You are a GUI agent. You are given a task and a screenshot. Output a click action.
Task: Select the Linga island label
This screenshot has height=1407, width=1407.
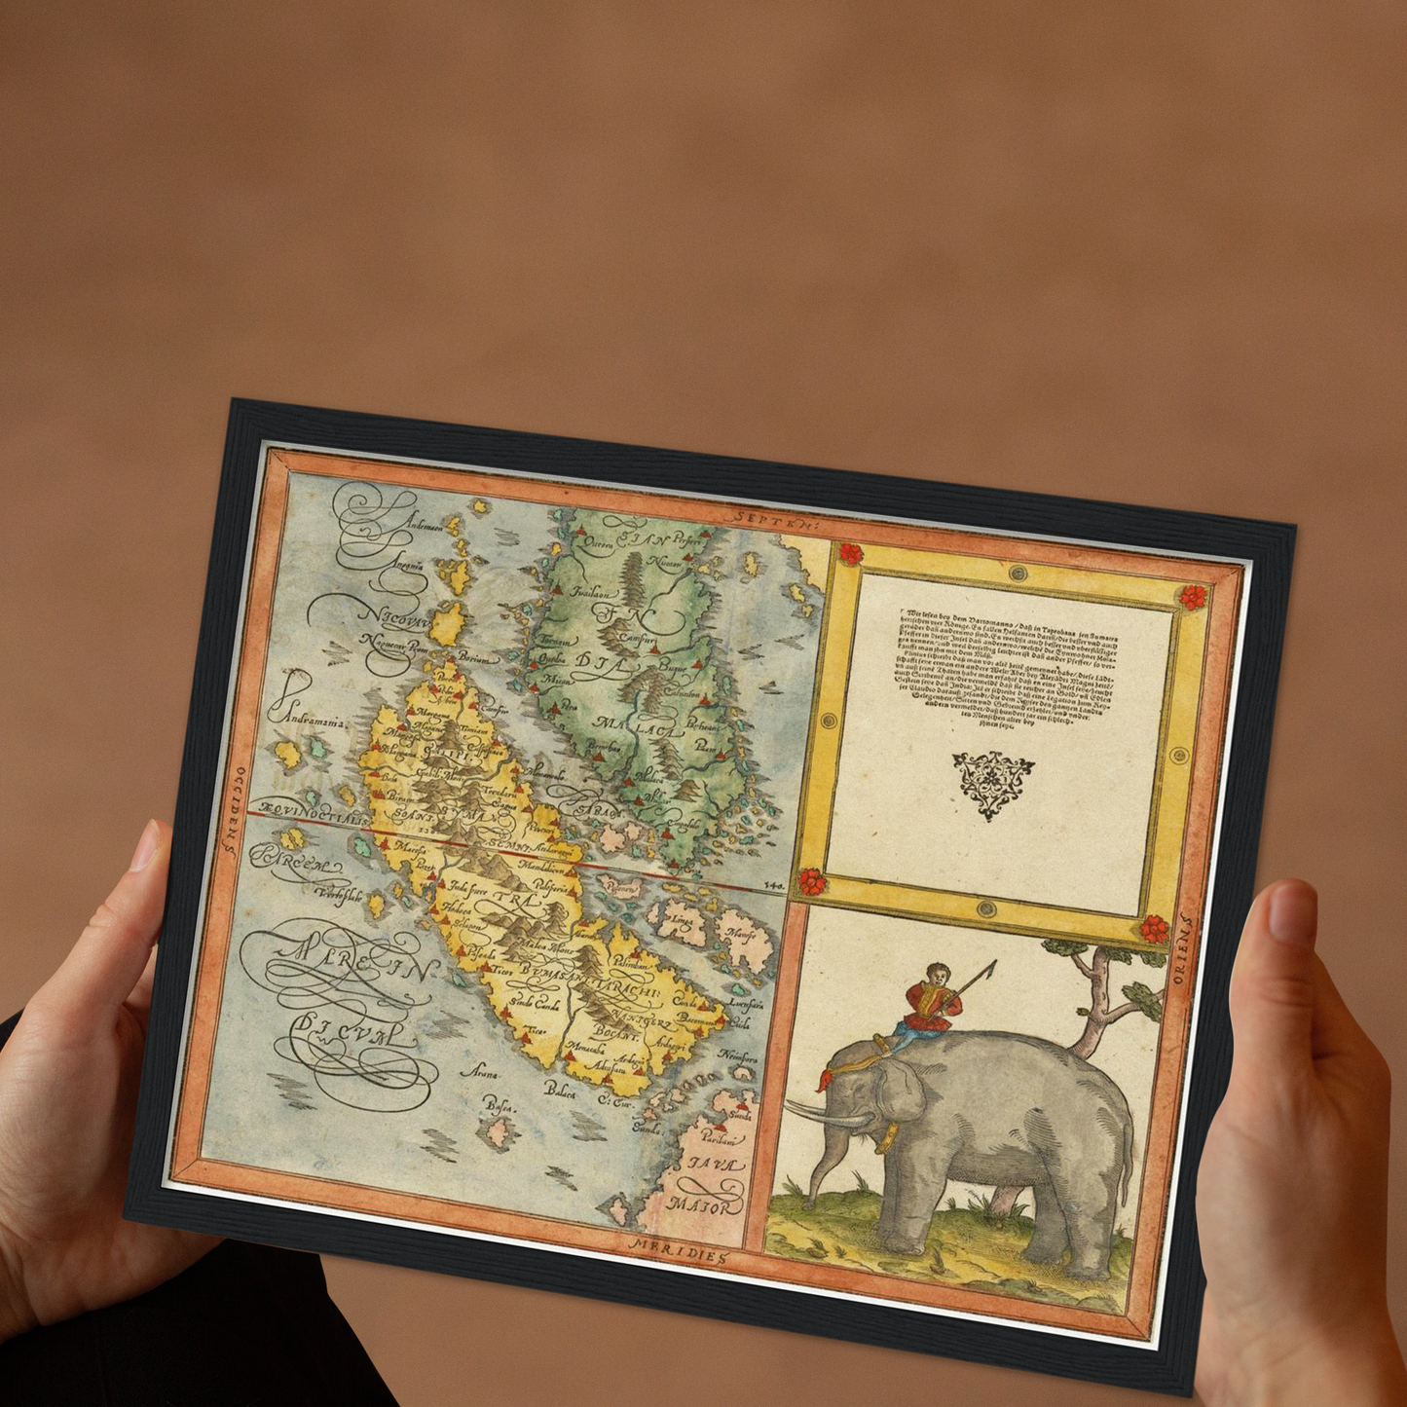(683, 919)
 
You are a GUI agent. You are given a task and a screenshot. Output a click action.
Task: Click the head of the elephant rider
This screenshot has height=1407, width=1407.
(937, 973)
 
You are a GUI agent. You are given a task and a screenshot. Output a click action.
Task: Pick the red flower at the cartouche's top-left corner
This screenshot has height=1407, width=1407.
(850, 554)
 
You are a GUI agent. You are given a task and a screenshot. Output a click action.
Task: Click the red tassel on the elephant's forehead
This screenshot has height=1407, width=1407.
(824, 1080)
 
